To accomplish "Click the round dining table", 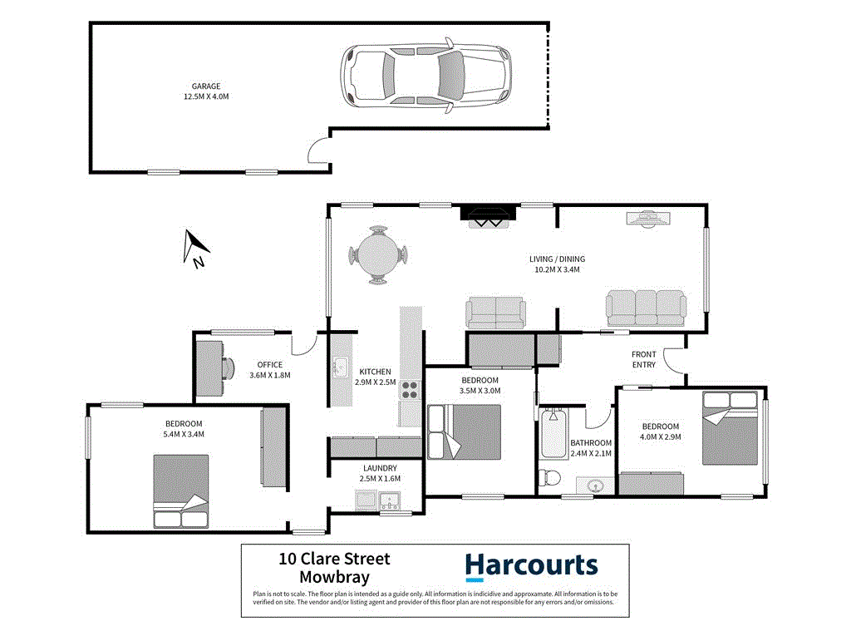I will [x=379, y=256].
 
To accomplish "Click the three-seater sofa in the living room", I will [x=646, y=308].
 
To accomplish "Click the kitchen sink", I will [x=339, y=367].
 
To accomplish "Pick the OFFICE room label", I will [x=269, y=364].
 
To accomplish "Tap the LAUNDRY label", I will [x=378, y=468].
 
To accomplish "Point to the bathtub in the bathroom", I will [x=553, y=433].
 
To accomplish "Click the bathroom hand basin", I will [x=595, y=485].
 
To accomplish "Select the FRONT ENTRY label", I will [x=643, y=358].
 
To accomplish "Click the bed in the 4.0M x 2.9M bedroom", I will [x=730, y=427].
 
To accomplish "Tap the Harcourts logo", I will [x=530, y=566].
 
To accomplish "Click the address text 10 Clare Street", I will [x=335, y=560].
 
